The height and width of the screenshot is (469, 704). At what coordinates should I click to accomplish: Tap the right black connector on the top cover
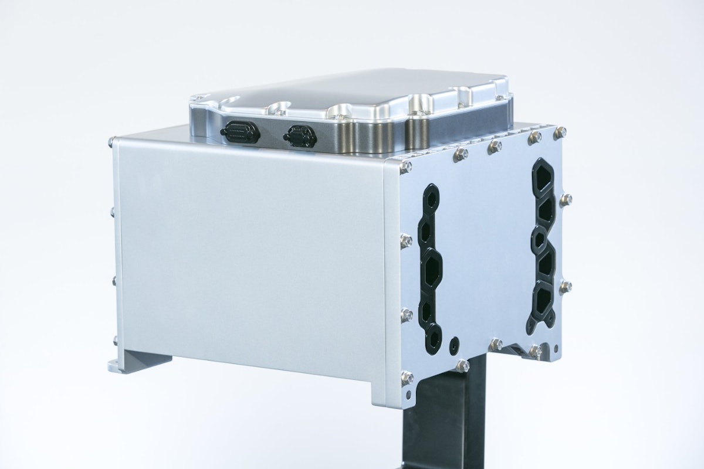(x=300, y=137)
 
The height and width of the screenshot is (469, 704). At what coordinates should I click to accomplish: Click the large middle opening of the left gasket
(x=432, y=270)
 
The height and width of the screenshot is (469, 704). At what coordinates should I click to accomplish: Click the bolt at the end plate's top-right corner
(x=561, y=132)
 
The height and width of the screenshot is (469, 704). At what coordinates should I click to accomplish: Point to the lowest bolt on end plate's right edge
(x=566, y=287)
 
